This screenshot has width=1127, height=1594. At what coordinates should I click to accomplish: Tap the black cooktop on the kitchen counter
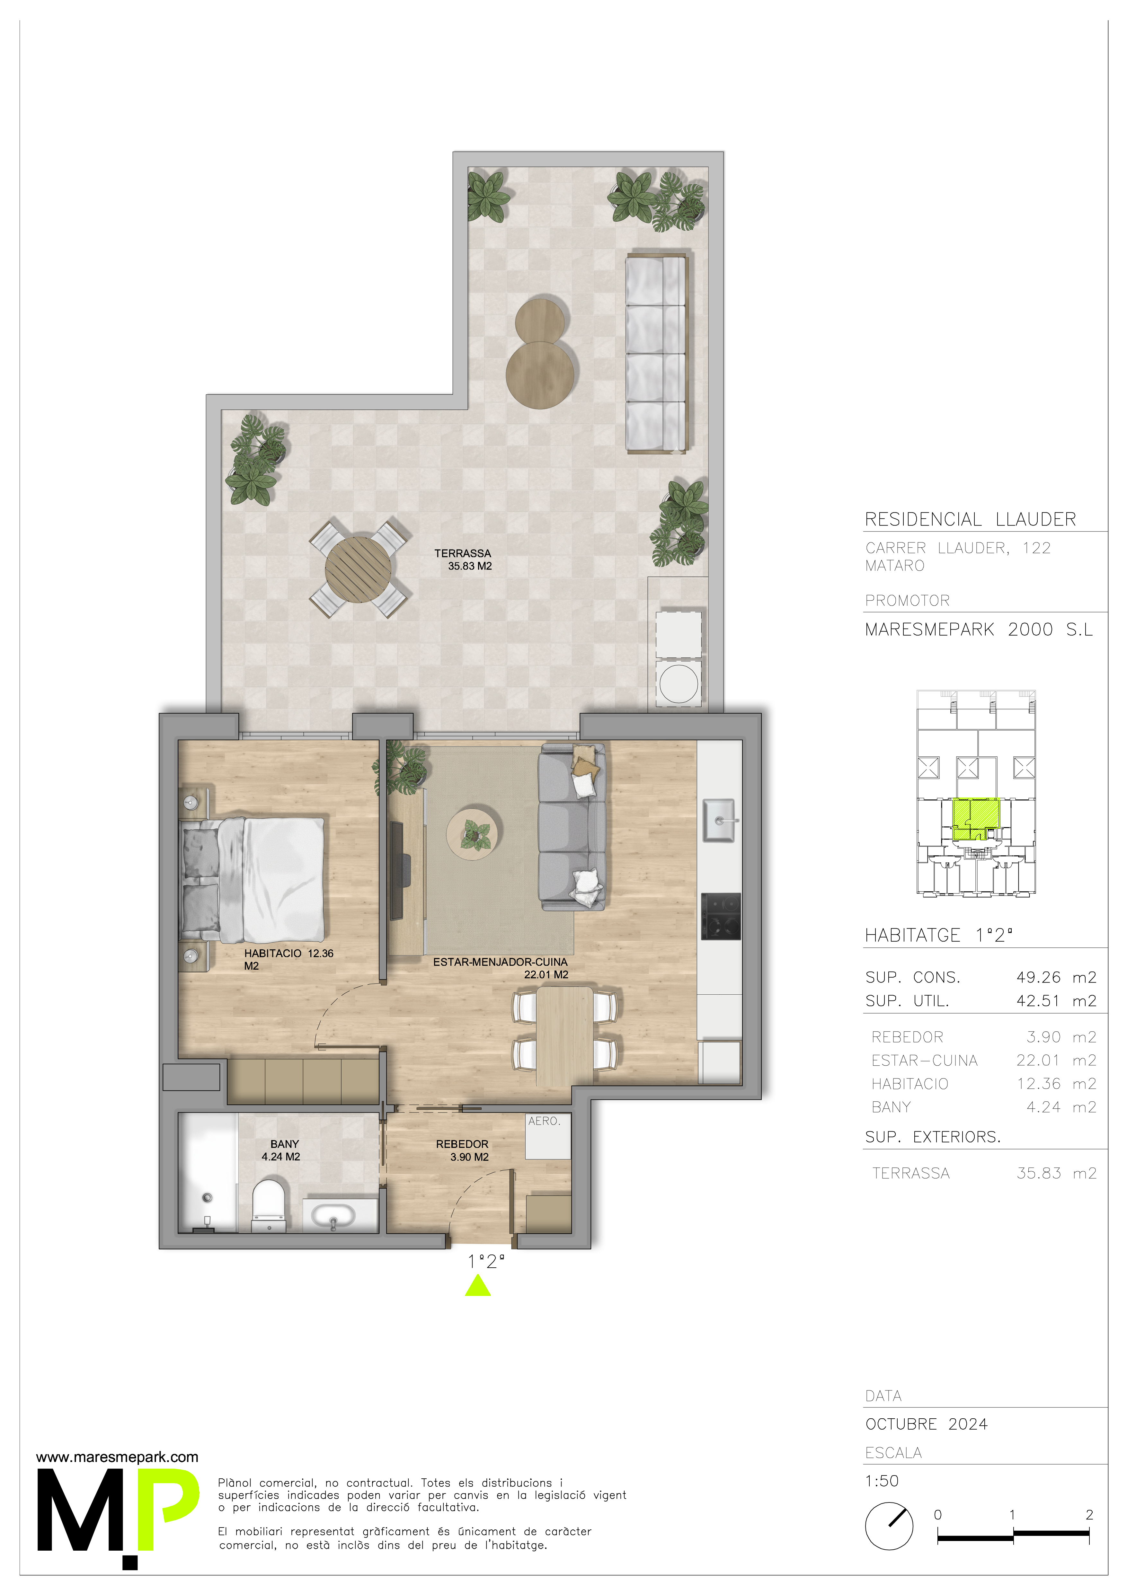click(x=721, y=916)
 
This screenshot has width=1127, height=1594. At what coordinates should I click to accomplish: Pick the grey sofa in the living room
click(x=572, y=826)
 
